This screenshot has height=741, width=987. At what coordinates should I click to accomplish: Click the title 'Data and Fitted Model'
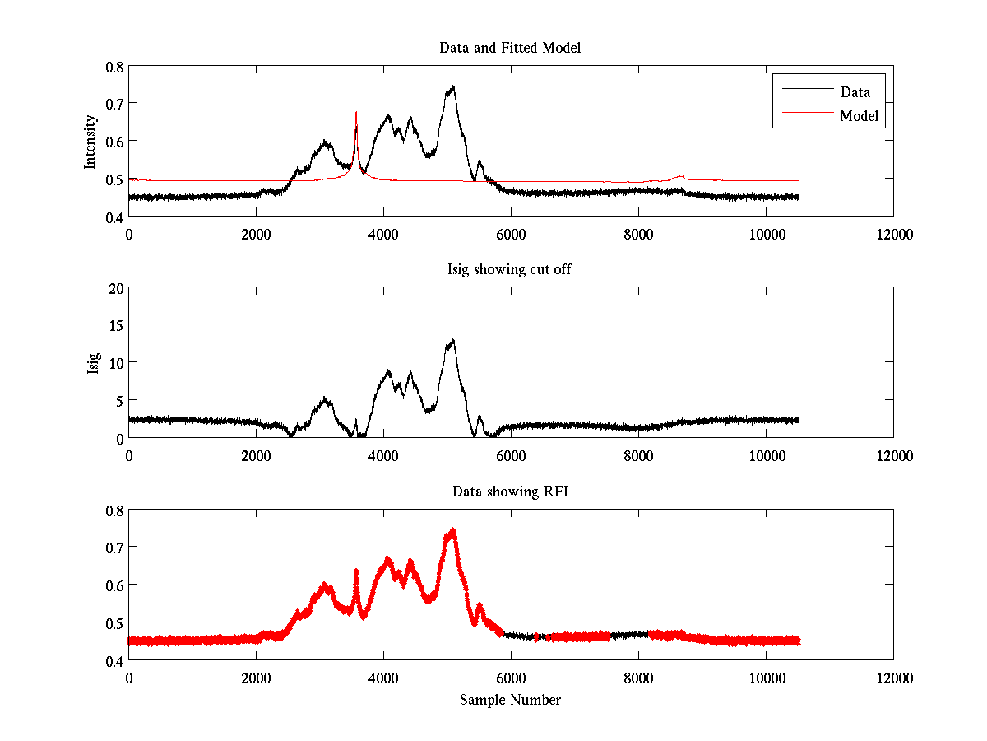(x=510, y=48)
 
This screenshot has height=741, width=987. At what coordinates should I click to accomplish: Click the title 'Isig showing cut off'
(x=510, y=270)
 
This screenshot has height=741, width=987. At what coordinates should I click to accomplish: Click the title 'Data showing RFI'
(x=510, y=492)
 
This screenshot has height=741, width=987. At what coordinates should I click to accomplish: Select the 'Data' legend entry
(x=855, y=92)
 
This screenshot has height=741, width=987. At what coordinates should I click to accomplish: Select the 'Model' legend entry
(x=859, y=116)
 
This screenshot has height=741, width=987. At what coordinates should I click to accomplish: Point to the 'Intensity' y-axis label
(x=91, y=141)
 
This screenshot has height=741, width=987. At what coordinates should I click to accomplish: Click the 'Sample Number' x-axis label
(x=510, y=701)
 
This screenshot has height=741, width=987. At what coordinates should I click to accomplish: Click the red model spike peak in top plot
(x=356, y=112)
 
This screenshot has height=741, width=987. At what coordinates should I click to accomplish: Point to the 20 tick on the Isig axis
(x=114, y=287)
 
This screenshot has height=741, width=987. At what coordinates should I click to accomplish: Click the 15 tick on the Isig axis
(x=114, y=325)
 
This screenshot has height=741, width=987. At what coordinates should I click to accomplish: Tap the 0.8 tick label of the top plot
(x=114, y=66)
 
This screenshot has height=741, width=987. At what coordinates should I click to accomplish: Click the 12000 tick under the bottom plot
(x=893, y=678)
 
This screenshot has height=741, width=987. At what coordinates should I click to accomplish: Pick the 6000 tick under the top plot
(x=511, y=234)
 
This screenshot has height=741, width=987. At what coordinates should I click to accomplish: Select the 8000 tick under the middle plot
(x=638, y=455)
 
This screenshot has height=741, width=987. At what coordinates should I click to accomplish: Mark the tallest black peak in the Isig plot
(x=452, y=340)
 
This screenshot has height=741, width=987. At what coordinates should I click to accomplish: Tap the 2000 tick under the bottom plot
(x=256, y=678)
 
